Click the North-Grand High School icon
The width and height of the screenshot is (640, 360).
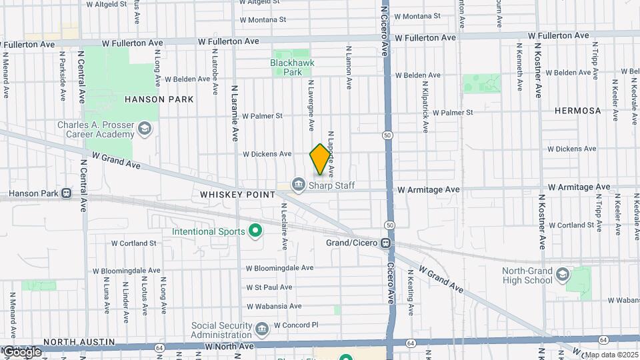pos(563,275)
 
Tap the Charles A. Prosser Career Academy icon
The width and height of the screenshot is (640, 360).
pos(145,127)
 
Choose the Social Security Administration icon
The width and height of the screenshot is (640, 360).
pos(261,329)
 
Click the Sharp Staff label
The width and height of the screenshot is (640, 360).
pos(331,186)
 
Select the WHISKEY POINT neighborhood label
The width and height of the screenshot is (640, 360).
pos(238,195)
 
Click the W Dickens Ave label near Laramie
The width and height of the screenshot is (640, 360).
pos(267,154)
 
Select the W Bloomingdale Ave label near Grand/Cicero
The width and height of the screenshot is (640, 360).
pos(279,268)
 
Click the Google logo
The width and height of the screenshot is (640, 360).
pos(21,351)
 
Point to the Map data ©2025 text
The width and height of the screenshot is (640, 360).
pos(611,355)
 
